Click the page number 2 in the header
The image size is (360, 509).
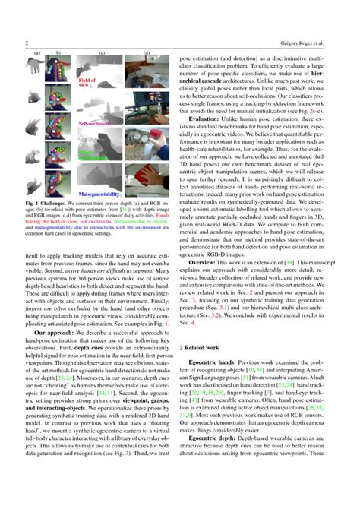click(27, 43)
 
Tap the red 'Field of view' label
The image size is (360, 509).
click(88, 82)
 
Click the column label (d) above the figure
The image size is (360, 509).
click(147, 54)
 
